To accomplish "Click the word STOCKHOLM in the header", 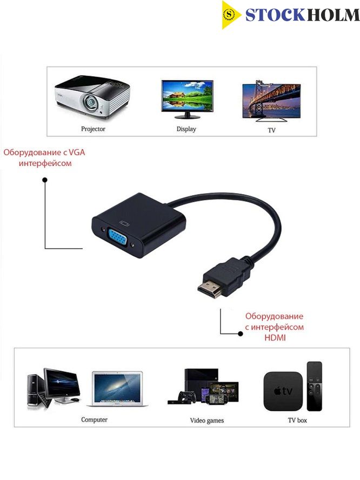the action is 303,15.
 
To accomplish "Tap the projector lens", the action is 91,101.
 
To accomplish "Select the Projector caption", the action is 93,129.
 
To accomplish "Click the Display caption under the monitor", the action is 186,129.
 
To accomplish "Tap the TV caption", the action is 271,130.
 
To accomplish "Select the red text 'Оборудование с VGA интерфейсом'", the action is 45,158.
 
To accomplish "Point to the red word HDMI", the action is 275,338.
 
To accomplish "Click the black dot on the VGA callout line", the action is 45,179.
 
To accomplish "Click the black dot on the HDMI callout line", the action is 241,334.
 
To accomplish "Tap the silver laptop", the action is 117,389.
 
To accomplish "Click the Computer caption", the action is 94,419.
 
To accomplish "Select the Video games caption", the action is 207,421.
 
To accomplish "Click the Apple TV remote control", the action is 315,386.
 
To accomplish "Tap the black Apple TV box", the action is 283,391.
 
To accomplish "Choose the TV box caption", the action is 297,421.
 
